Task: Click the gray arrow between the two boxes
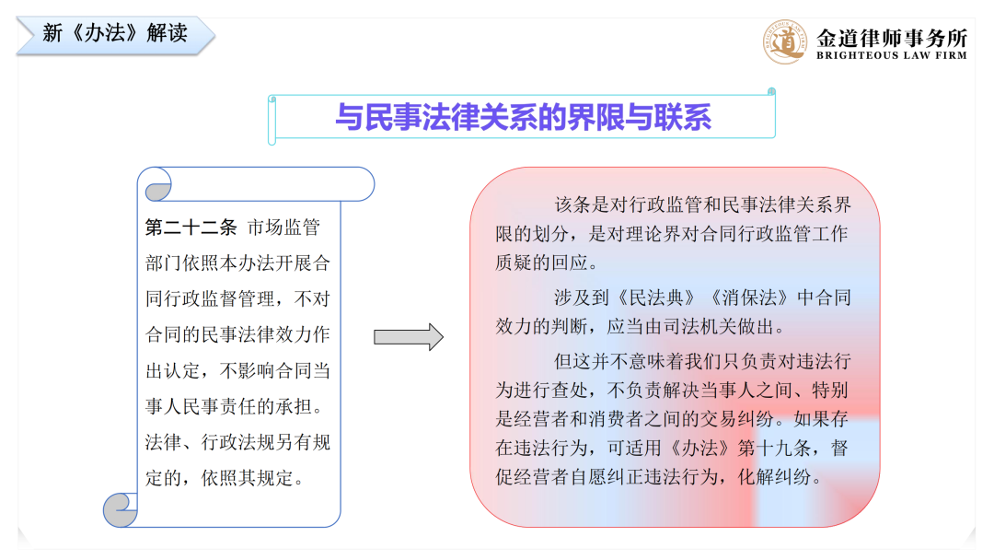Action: (409, 337)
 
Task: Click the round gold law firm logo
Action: (785, 41)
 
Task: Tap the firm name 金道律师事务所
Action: (892, 38)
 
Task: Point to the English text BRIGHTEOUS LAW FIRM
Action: (892, 56)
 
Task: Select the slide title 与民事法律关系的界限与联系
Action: (523, 117)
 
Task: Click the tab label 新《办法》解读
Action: (115, 33)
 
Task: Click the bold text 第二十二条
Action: (191, 227)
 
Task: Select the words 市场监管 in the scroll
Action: (283, 227)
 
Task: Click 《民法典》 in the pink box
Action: (655, 297)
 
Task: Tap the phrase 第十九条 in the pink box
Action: (774, 448)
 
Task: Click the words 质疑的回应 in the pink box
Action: (541, 262)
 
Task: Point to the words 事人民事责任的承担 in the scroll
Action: (228, 406)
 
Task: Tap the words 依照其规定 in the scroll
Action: (247, 478)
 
